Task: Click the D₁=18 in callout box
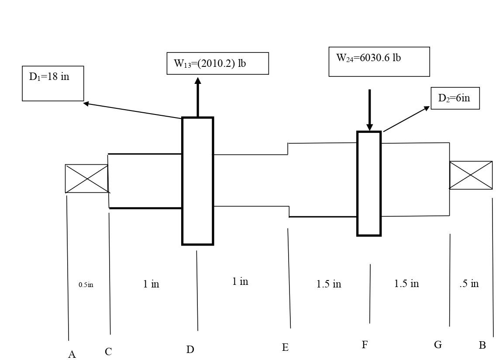[53, 83]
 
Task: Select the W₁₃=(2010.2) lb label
[217, 64]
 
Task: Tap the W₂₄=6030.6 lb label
[379, 62]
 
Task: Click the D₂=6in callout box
[455, 98]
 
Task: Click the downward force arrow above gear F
[370, 110]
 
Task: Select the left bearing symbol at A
[86, 179]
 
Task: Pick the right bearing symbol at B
[471, 175]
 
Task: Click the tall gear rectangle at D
[198, 181]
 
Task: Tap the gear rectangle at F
[369, 183]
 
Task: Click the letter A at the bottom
[72, 354]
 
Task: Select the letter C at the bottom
[108, 352]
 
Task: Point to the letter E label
[285, 348]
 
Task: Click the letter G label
[438, 345]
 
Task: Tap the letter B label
[482, 346]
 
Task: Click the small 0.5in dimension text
[86, 285]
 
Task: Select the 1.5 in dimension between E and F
[328, 284]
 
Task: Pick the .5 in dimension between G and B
[469, 284]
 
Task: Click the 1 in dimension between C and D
[151, 284]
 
